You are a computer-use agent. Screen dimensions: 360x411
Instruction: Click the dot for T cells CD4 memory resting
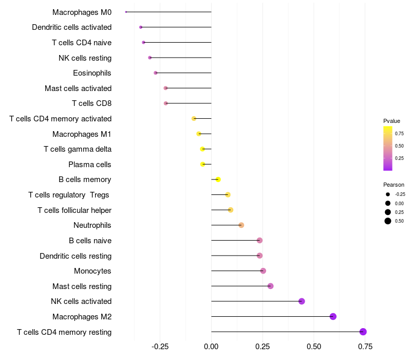[363, 332]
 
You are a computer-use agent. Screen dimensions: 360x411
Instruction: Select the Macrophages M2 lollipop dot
[333, 316]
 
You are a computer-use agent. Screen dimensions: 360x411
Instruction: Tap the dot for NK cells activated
[302, 301]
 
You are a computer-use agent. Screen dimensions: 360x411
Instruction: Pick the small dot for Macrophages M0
[126, 12]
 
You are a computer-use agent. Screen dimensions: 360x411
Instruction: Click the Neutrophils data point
[241, 225]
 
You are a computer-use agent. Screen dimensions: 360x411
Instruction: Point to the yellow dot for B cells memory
[218, 179]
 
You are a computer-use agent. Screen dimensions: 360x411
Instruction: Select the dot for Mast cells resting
[271, 286]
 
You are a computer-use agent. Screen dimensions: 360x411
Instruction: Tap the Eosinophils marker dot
[156, 73]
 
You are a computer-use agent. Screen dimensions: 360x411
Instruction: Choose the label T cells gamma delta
[78, 149]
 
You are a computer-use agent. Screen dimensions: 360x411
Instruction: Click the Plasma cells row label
[90, 165]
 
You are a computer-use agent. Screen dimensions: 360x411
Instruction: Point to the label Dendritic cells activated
[71, 27]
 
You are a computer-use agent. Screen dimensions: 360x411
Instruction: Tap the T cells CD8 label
[91, 103]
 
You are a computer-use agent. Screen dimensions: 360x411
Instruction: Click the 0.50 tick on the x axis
[314, 347]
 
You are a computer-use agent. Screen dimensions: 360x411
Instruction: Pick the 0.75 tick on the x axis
[365, 347]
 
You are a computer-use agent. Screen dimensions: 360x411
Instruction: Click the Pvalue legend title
[391, 121]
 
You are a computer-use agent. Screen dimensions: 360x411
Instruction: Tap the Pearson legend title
[394, 185]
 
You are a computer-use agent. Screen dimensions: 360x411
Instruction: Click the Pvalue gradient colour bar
[388, 148]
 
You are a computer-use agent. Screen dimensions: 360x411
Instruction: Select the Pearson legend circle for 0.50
[388, 221]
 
